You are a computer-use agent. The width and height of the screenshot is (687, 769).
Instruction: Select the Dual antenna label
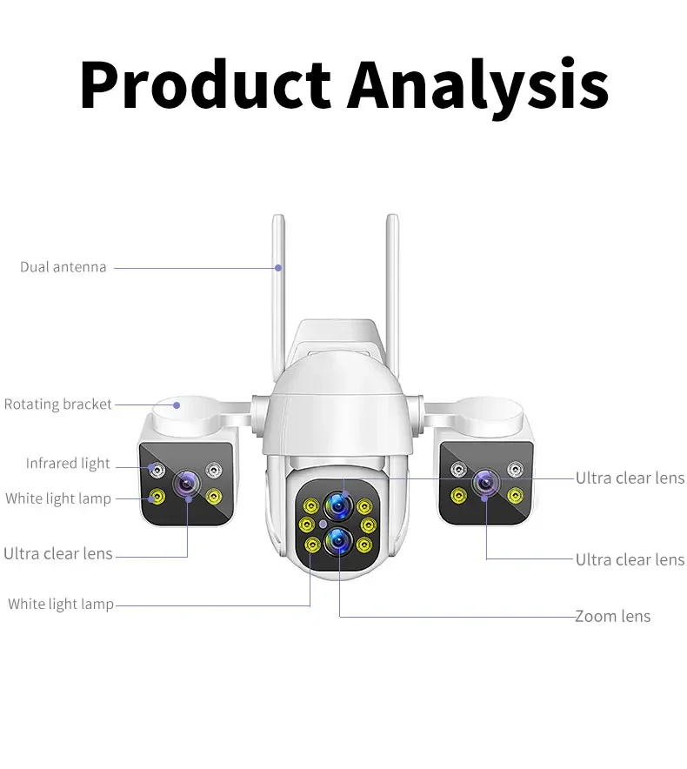click(x=63, y=267)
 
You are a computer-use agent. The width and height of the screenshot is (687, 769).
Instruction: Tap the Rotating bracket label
click(x=58, y=404)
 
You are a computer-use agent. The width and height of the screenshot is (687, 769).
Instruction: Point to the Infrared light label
click(x=68, y=463)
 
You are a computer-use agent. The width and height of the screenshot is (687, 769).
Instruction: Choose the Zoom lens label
click(x=612, y=616)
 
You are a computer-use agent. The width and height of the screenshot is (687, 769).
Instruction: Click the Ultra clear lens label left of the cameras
click(x=58, y=553)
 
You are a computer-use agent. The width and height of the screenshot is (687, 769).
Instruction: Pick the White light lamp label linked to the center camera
click(x=61, y=604)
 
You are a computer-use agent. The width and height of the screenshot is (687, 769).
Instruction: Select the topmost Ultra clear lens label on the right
click(x=630, y=478)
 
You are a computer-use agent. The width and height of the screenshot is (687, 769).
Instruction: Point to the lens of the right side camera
click(x=484, y=481)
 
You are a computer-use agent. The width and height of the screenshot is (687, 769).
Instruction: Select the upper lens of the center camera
click(x=338, y=505)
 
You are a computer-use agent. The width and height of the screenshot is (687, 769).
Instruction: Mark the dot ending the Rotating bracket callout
click(x=177, y=404)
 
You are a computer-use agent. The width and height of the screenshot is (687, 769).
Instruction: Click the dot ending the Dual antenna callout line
click(x=278, y=267)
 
